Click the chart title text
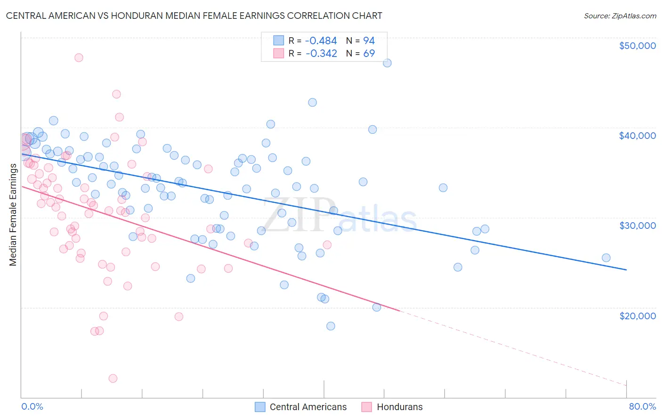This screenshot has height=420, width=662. (194, 16)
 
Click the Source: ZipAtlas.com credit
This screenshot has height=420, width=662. (620, 16)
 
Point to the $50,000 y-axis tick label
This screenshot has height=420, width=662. (637, 46)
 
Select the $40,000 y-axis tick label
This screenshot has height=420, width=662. (637, 136)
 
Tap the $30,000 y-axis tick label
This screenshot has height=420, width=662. (637, 226)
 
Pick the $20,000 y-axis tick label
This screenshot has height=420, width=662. (637, 315)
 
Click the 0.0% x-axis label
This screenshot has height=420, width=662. (32, 406)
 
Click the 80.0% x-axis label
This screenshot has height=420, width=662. (642, 406)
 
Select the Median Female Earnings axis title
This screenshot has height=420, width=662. (13, 215)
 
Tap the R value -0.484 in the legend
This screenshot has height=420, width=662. (321, 41)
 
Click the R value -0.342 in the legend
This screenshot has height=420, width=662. (321, 54)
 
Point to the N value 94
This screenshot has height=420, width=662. (369, 41)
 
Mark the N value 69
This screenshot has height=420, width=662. (369, 54)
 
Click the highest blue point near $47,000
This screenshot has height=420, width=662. (387, 63)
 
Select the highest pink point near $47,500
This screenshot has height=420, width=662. (79, 57)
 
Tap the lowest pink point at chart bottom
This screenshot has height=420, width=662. (113, 379)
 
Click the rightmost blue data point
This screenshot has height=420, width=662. (606, 258)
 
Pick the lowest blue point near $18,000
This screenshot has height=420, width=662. (331, 326)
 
